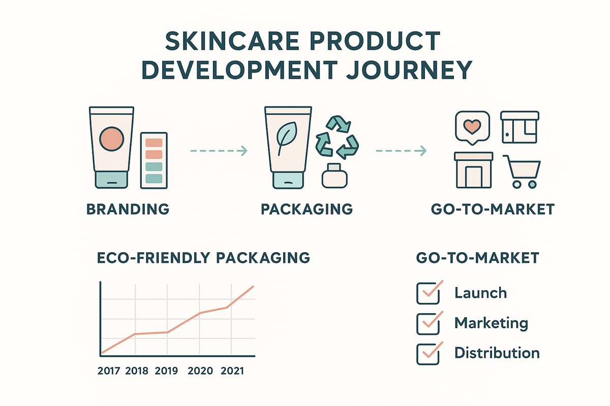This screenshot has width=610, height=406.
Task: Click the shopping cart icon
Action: (522, 171)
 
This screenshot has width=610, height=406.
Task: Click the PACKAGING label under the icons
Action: (307, 209)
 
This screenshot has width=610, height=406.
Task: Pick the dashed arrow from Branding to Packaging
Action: (218, 151)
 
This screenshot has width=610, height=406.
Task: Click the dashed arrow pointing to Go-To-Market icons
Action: (401, 151)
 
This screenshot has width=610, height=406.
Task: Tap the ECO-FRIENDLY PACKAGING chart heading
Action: (203, 257)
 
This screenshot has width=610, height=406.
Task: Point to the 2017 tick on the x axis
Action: (108, 371)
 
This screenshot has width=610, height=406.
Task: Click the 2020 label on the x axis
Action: (200, 371)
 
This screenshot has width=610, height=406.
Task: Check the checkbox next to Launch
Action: (425, 293)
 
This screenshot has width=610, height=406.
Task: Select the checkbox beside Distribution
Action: (425, 353)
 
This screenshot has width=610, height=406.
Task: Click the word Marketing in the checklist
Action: (491, 323)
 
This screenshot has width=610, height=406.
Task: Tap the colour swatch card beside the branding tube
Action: (154, 160)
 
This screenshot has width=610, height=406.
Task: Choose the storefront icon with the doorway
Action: (473, 170)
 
